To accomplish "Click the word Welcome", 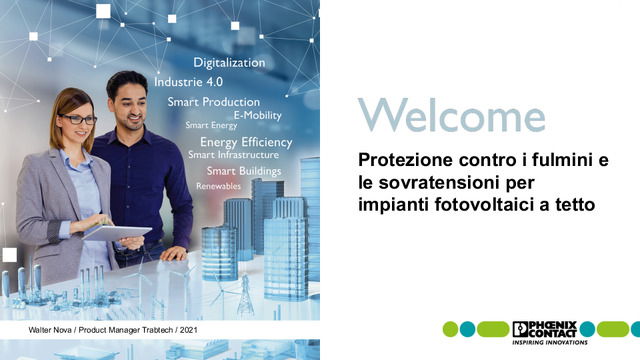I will coord(451,115).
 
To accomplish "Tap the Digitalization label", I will coord(229,63).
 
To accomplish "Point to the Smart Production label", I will coord(213,102).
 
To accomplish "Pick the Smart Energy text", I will coord(211,126).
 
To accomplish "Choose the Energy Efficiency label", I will coord(245,142).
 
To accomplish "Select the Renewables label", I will coord(218,186).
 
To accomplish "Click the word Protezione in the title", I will coord(405,160).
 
